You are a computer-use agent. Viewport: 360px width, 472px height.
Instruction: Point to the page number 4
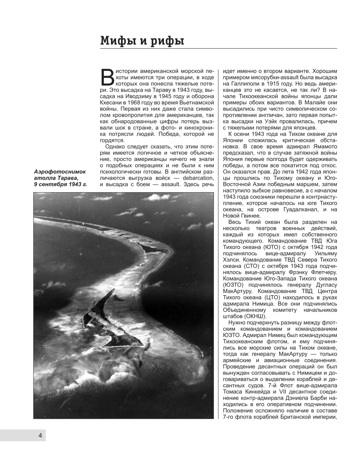[x=40, y=435]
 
